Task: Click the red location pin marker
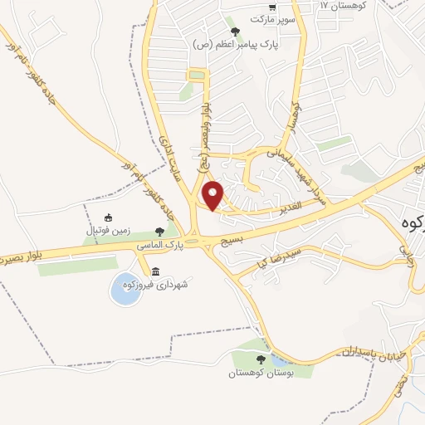point(213,195)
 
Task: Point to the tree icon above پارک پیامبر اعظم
point(236,32)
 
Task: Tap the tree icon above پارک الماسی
point(160,232)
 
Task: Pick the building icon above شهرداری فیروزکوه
point(156,271)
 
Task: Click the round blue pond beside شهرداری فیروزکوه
point(125,288)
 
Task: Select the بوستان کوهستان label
point(261,373)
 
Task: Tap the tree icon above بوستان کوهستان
point(261,360)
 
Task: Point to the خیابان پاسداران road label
point(373,353)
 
